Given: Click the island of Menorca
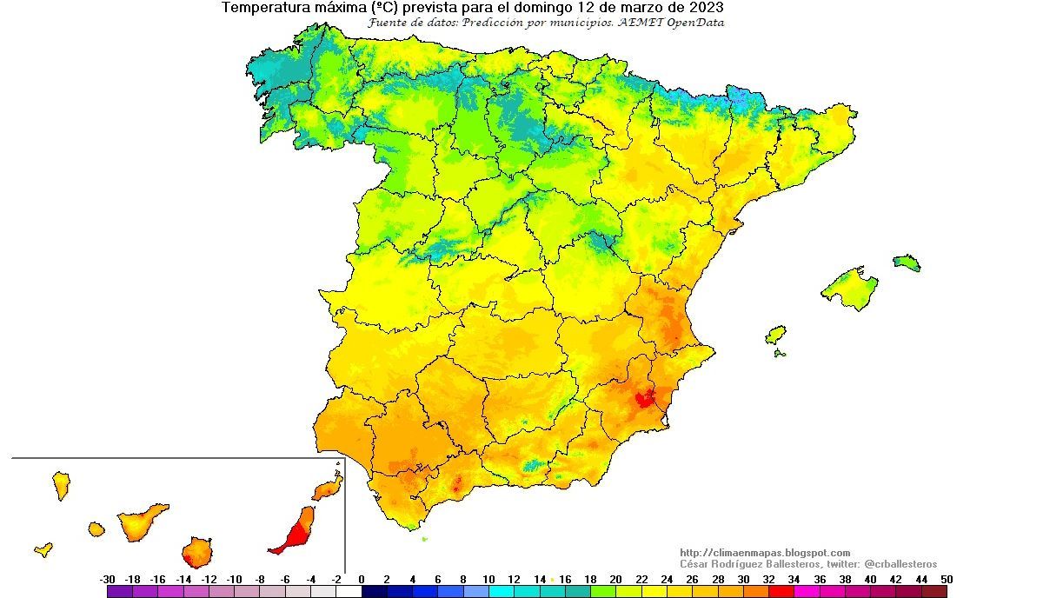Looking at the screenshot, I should [x=906, y=262].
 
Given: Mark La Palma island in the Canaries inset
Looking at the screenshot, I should [x=62, y=486].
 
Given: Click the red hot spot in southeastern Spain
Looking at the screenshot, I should [x=644, y=399].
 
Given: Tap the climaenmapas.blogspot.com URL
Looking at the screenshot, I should [x=764, y=553].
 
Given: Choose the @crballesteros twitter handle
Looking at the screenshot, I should [x=900, y=564].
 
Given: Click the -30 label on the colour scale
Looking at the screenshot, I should [x=108, y=579].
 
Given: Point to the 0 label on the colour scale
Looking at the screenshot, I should [x=362, y=579].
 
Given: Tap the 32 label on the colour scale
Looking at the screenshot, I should [x=768, y=579].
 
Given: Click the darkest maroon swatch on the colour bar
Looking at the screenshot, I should [x=933, y=592].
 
